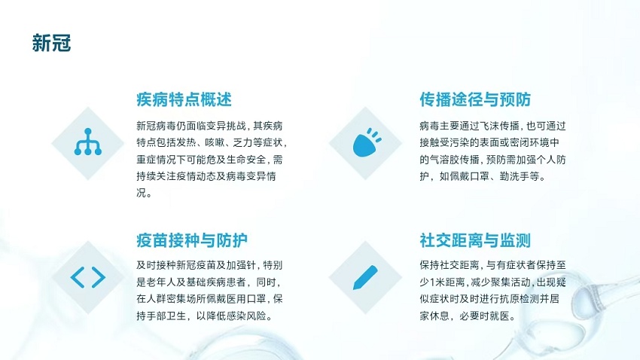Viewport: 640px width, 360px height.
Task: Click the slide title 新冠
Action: point(51,43)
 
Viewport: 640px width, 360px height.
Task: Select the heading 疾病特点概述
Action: point(184,99)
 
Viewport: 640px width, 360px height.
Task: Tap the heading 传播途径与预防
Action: point(475,99)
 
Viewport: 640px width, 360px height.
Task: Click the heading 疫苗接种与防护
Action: point(192,240)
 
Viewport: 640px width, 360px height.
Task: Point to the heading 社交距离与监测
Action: point(475,240)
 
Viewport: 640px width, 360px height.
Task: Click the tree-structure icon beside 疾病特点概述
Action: point(88,142)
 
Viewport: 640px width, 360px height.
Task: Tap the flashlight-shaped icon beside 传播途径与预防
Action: point(367,142)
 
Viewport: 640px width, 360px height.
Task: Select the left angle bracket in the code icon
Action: point(77,278)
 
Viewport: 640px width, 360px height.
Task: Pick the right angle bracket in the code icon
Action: point(99,278)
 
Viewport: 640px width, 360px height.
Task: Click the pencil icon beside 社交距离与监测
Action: point(365,278)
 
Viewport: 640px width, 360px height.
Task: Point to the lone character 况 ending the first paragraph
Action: point(142,193)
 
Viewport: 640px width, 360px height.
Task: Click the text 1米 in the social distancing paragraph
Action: point(437,282)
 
